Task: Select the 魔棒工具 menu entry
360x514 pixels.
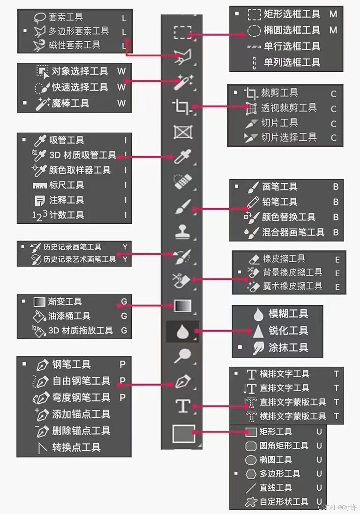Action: [70, 103]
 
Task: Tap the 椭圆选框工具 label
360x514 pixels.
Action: [292, 31]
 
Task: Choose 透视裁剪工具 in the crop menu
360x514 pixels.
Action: [289, 108]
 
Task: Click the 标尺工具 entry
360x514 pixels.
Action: [67, 185]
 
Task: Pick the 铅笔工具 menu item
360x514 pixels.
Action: [279, 202]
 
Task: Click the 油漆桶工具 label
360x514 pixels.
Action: [69, 317]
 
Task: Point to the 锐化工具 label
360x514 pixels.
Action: [288, 331]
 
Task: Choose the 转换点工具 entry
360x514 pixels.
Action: [76, 447]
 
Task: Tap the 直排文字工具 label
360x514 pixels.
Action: [285, 388]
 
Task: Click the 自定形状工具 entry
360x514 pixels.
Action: [284, 502]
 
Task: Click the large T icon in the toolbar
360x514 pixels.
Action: [182, 406]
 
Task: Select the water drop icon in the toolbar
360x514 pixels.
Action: [182, 332]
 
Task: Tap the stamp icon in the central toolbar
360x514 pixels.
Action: [182, 231]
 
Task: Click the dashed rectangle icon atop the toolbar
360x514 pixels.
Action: [182, 32]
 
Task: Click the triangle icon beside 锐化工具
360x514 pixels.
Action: [258, 331]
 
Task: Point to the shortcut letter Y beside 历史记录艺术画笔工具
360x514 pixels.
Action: [125, 259]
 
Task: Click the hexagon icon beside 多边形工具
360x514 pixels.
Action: [251, 474]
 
